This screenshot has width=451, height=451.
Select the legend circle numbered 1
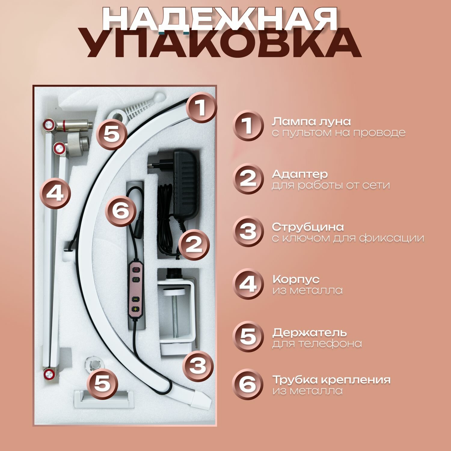248,126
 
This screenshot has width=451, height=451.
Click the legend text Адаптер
300,174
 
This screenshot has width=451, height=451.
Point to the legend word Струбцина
308,227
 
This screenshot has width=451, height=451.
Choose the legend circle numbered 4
248,284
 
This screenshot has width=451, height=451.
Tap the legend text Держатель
310,333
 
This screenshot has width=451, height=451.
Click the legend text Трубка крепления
331,380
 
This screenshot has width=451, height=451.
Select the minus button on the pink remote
136,299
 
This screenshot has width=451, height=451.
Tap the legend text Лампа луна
311,122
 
